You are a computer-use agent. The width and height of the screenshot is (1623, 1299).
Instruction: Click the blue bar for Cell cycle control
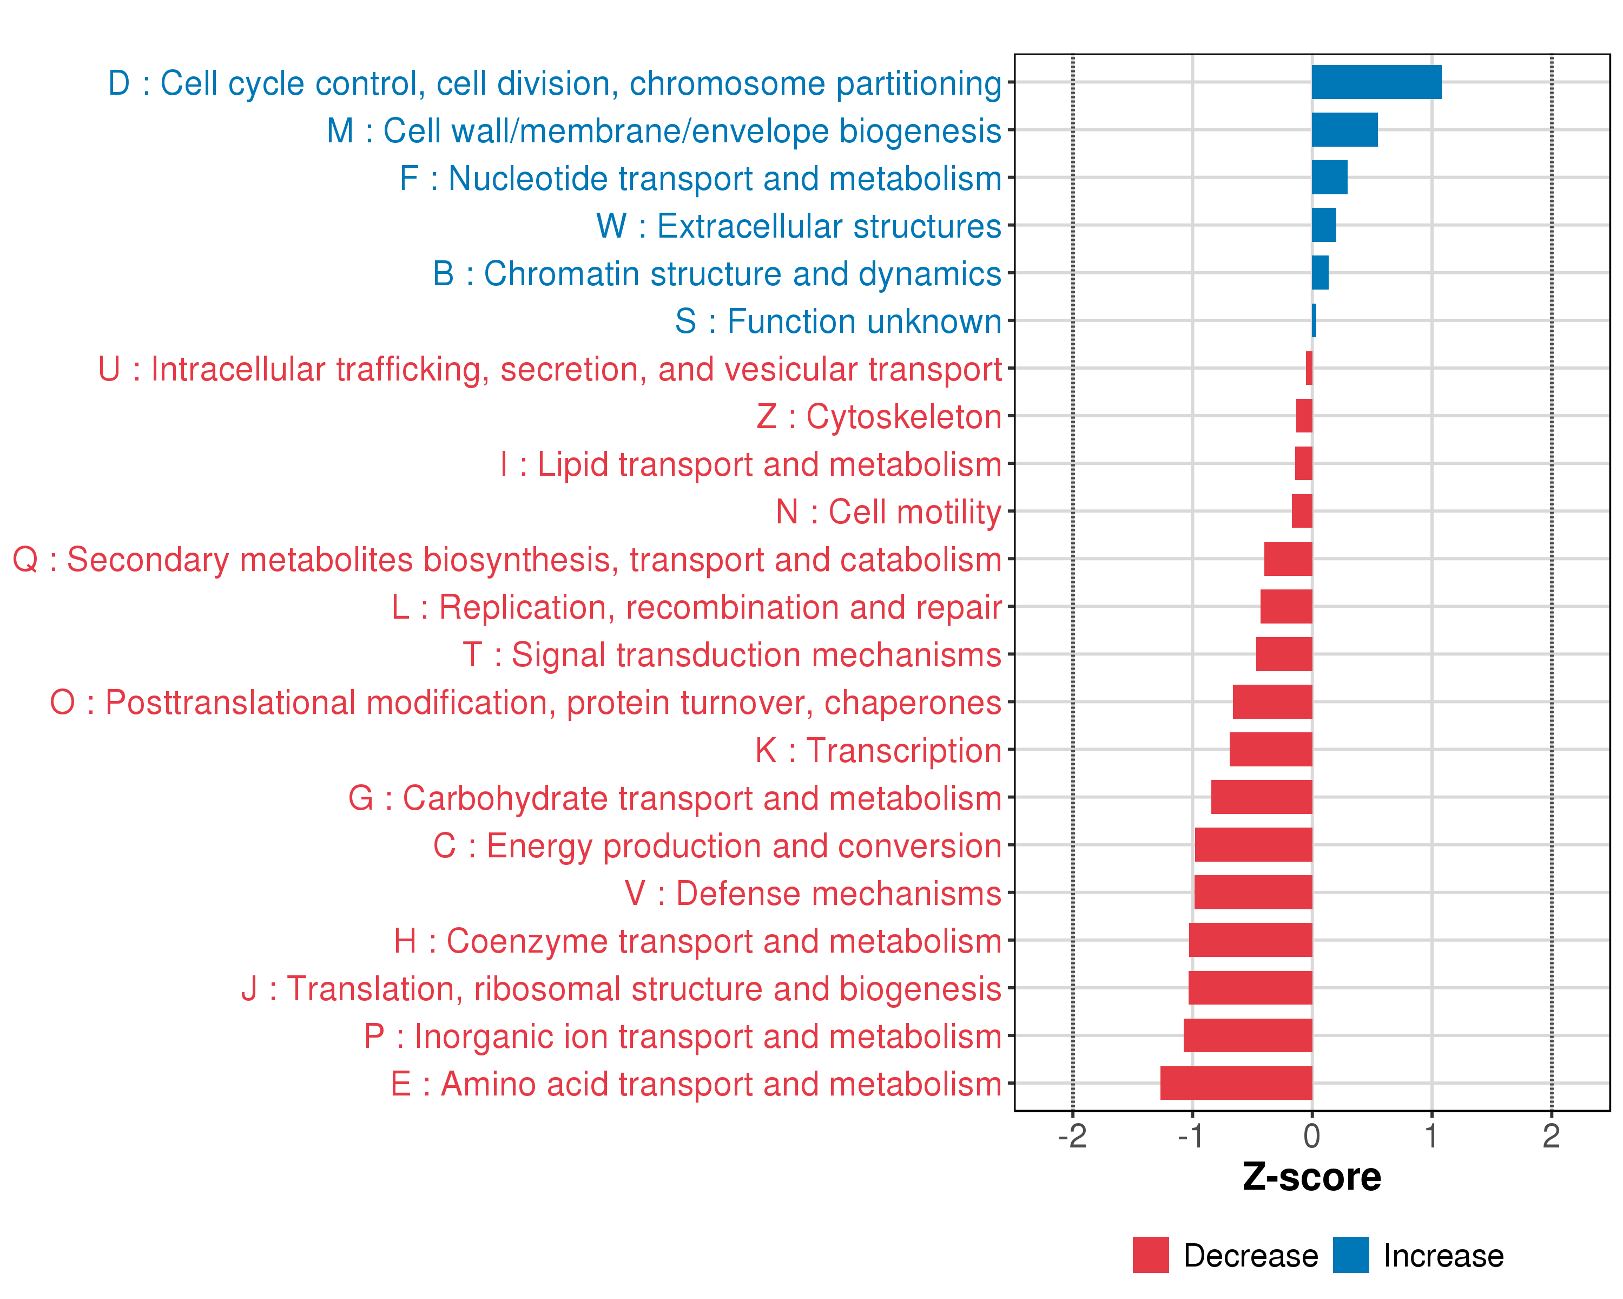[1376, 82]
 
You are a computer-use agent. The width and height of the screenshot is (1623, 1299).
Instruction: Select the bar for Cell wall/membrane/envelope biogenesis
[1344, 129]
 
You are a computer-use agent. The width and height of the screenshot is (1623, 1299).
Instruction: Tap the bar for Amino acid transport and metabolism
[1236, 1083]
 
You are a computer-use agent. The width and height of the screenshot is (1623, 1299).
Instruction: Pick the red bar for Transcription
[1271, 749]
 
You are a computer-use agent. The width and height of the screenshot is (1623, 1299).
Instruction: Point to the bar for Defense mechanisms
[1253, 893]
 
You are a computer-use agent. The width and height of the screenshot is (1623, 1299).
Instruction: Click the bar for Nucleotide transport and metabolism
[1329, 178]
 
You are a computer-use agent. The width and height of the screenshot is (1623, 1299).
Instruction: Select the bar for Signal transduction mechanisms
[1284, 654]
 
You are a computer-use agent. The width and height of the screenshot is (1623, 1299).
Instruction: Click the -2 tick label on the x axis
[1072, 1136]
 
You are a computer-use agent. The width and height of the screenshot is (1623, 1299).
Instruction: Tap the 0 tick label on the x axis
[1312, 1136]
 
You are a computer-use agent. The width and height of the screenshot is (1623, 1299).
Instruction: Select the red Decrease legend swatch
[1150, 1255]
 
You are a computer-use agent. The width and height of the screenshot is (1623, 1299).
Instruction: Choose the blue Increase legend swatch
[1350, 1255]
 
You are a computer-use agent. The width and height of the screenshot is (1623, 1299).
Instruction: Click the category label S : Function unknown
[838, 322]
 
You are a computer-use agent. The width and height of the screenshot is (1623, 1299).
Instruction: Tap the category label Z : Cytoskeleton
[879, 416]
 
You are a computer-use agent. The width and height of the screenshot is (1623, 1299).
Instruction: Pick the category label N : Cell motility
[888, 512]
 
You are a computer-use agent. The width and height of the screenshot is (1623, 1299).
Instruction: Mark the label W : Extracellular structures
[799, 226]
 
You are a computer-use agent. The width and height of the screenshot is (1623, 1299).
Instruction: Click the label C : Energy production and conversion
[717, 845]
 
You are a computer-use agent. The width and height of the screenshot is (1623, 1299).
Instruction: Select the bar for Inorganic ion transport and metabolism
[1248, 1035]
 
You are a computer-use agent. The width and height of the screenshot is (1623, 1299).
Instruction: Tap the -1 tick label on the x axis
[1192, 1136]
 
